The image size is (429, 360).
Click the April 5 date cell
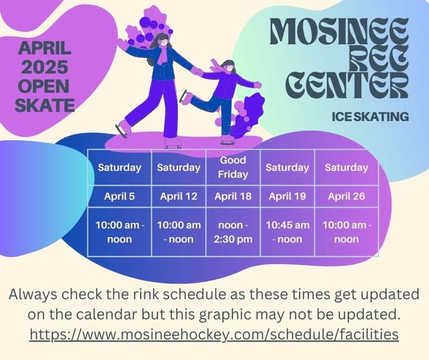119,196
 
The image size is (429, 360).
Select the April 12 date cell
179,196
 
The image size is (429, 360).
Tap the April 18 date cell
233,196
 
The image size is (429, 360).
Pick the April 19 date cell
287,196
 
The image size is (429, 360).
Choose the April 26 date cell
346,196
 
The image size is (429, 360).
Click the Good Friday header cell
233,167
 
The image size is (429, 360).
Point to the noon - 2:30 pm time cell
233,232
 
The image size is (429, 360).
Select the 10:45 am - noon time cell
287,232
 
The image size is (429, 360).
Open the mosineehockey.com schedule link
214,334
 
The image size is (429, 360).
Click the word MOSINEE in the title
339,31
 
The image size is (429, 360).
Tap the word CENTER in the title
347,84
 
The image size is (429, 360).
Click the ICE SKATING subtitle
370,117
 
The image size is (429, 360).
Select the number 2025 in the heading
44,67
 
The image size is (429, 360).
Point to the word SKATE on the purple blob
44,105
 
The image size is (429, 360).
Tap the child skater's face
230,67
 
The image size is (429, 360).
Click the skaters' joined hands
197,72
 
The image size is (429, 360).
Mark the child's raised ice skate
185,97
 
